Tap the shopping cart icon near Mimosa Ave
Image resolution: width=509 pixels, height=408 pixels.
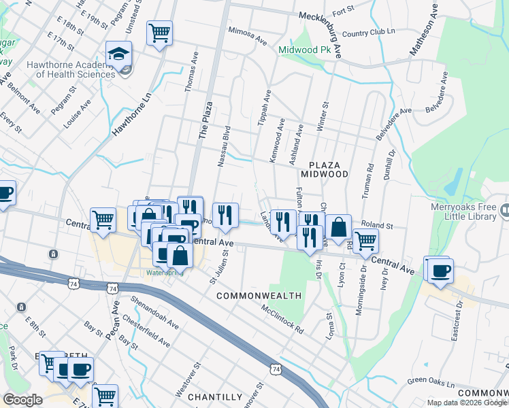tap(159, 33)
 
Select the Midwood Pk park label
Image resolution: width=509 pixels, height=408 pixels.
tap(308, 50)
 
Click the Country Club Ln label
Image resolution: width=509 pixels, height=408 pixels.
tap(369, 33)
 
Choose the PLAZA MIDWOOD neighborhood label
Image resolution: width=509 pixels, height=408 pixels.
tap(329, 169)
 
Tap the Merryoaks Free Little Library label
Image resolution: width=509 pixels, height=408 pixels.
tap(463, 212)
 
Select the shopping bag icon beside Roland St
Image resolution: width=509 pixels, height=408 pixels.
tap(338, 228)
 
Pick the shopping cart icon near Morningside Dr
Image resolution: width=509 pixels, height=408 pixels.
tap(366, 240)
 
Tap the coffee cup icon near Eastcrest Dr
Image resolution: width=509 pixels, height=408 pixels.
tap(438, 269)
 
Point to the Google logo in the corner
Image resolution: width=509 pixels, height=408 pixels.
tap(22, 400)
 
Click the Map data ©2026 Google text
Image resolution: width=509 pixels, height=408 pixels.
tap(467, 403)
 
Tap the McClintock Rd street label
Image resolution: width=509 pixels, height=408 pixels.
tap(282, 318)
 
